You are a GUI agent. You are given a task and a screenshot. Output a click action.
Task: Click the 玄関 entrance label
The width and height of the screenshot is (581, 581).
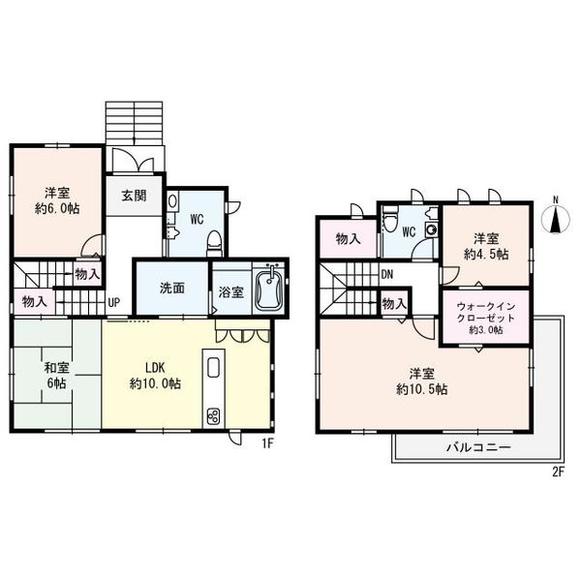[134, 196]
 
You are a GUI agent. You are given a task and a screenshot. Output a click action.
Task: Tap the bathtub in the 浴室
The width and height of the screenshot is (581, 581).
[270, 290]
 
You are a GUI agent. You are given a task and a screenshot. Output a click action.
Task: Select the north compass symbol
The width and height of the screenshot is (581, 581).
[555, 219]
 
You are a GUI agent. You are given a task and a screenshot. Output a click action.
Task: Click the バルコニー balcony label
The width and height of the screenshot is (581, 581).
[478, 447]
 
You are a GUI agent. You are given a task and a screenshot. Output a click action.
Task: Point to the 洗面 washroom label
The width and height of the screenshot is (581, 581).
[172, 289]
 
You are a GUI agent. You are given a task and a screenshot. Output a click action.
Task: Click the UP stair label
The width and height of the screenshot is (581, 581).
[113, 303]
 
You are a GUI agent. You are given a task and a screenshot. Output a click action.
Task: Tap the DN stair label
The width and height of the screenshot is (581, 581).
[386, 275]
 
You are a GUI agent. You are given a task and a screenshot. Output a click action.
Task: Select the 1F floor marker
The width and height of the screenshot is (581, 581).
[267, 443]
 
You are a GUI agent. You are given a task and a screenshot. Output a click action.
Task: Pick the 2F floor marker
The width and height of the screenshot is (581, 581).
[558, 473]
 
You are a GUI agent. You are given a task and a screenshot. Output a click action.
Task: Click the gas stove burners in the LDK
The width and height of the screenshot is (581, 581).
[213, 415]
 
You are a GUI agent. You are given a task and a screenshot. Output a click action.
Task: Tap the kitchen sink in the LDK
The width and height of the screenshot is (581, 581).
[213, 367]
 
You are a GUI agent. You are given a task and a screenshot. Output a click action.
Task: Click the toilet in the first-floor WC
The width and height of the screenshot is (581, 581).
[214, 243]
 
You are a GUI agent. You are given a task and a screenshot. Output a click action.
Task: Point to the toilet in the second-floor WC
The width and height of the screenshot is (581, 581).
[389, 222]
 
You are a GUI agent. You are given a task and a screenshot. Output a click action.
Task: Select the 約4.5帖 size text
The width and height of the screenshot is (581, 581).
[486, 255]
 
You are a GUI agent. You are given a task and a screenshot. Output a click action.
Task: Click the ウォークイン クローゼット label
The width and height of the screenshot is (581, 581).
[486, 313]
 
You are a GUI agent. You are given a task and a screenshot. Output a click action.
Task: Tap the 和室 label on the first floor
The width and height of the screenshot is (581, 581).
[57, 368]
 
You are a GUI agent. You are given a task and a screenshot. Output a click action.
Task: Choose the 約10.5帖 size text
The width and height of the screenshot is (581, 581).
[421, 389]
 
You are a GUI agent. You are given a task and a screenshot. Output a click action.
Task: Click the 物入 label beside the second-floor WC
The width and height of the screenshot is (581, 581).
[348, 239]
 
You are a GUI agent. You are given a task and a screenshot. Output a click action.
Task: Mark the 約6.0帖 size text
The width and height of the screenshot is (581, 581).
[57, 209]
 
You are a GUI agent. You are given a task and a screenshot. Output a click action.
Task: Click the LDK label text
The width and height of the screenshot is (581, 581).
[155, 368]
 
